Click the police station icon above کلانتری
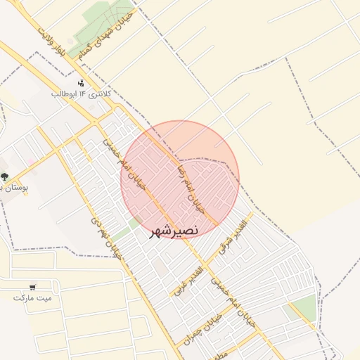(x=81, y=83)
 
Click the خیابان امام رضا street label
(x=190, y=188)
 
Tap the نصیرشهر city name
(x=174, y=231)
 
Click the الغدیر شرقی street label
(x=224, y=239)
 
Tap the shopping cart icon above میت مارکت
(x=32, y=286)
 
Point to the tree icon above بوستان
(x=5, y=176)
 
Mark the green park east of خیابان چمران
(x=304, y=308)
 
